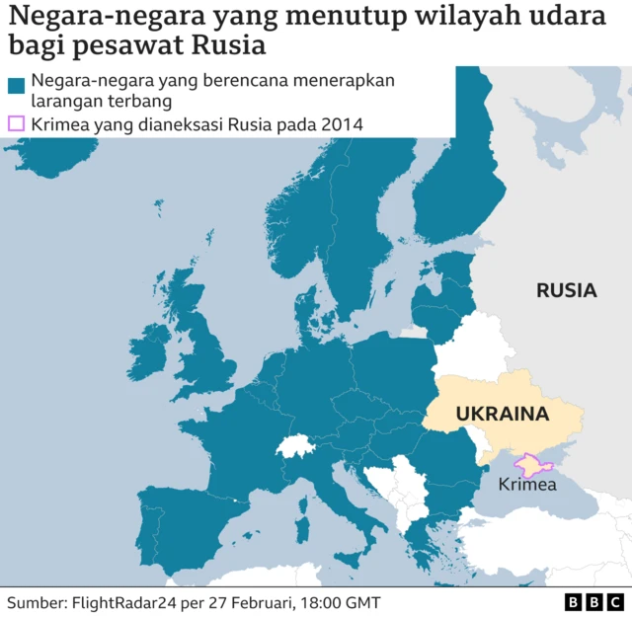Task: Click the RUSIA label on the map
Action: pyautogui.click(x=566, y=290)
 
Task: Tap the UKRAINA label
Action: pyautogui.click(x=502, y=415)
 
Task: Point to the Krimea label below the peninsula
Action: pyautogui.click(x=526, y=484)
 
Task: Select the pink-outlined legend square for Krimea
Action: pyautogui.click(x=16, y=124)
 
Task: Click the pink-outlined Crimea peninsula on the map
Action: pyautogui.click(x=531, y=462)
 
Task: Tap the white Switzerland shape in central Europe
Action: pyautogui.click(x=295, y=446)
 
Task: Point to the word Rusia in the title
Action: pyautogui.click(x=234, y=46)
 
